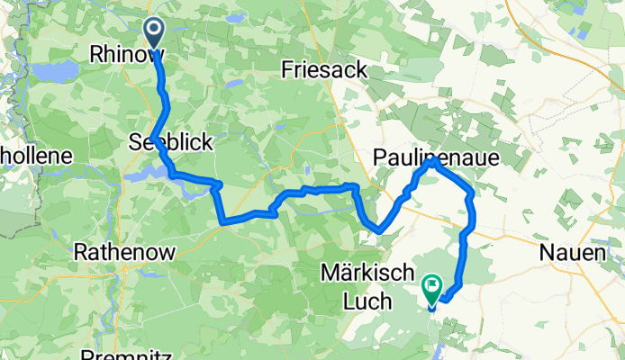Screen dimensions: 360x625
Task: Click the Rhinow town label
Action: pos(119,55)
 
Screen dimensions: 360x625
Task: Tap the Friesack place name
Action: pos(312,68)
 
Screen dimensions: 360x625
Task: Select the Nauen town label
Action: pos(572,255)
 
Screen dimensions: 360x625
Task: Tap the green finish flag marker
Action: pos(431,288)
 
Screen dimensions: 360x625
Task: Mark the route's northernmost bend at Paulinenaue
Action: pos(431,162)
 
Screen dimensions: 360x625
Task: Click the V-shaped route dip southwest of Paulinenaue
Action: pos(381,231)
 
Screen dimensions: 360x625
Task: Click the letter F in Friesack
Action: pos(287,68)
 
